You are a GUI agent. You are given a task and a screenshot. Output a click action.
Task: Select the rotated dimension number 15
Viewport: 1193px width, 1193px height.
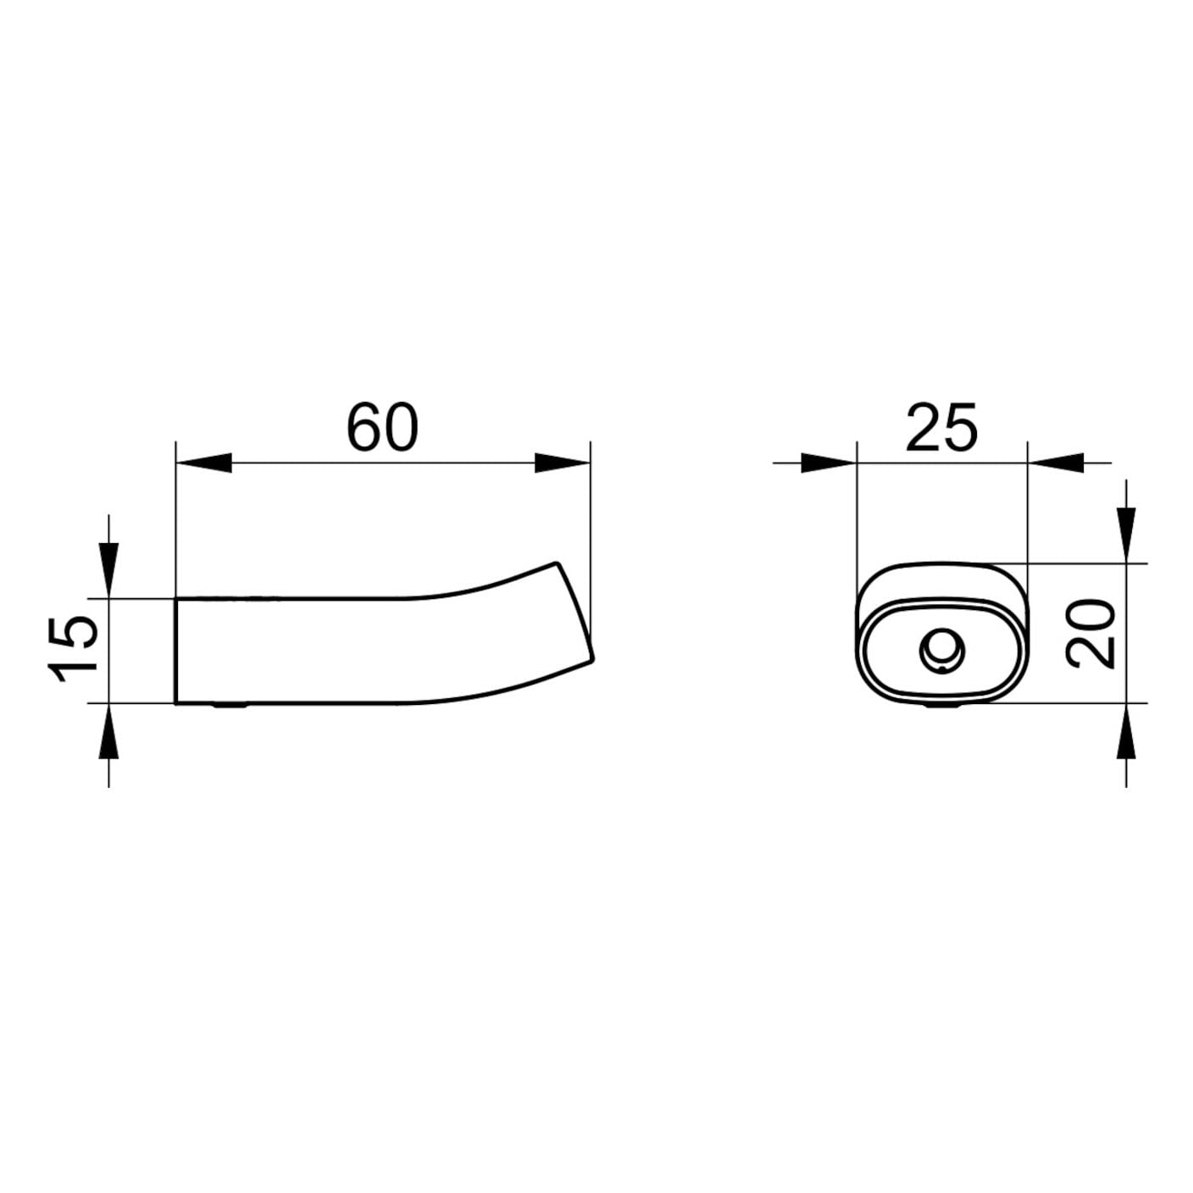[x=73, y=649]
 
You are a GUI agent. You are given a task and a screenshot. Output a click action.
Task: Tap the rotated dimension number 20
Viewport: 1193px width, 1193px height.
[x=1090, y=633]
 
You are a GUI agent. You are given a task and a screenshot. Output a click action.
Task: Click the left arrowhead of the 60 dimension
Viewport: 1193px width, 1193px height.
[x=203, y=463]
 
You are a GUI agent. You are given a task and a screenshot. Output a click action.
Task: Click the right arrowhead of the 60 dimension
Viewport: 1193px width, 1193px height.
[x=563, y=463]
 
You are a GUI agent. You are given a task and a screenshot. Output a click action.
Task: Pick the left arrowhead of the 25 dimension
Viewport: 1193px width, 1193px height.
[x=829, y=463]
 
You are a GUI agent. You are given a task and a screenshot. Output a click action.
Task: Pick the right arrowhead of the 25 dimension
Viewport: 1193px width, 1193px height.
[x=1055, y=463]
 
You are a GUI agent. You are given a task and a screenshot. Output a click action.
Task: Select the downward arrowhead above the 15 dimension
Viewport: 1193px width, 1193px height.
[x=108, y=571]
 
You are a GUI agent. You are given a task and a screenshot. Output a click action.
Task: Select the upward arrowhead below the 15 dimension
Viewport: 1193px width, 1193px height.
[x=108, y=731]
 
